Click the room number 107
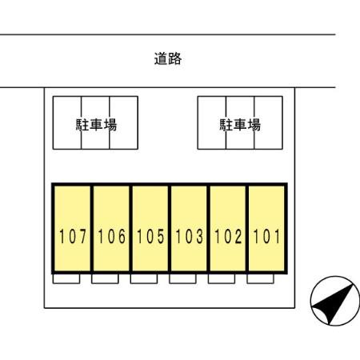click(73, 236)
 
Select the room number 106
click(111, 236)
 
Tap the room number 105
click(150, 236)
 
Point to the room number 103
click(190, 236)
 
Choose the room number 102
click(228, 236)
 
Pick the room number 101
click(266, 236)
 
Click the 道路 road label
click(168, 58)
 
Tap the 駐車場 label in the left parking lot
click(96, 125)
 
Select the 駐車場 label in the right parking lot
click(240, 125)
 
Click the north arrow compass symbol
click(335, 301)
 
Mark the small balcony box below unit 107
click(66, 278)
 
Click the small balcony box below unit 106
click(105, 278)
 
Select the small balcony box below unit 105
click(144, 278)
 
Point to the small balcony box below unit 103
click(182, 278)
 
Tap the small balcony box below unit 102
click(222, 278)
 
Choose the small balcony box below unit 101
click(261, 278)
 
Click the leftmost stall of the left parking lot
click(67, 122)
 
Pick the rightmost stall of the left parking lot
click(124, 122)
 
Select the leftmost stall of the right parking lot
click(212, 122)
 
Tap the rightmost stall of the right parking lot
click(269, 122)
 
